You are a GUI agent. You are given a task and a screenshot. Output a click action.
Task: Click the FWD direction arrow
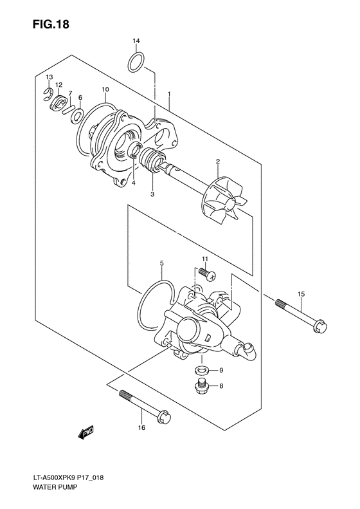tap(87, 435)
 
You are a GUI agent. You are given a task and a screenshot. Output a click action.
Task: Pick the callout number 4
tap(134, 183)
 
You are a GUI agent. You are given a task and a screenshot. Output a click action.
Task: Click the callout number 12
tap(59, 84)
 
